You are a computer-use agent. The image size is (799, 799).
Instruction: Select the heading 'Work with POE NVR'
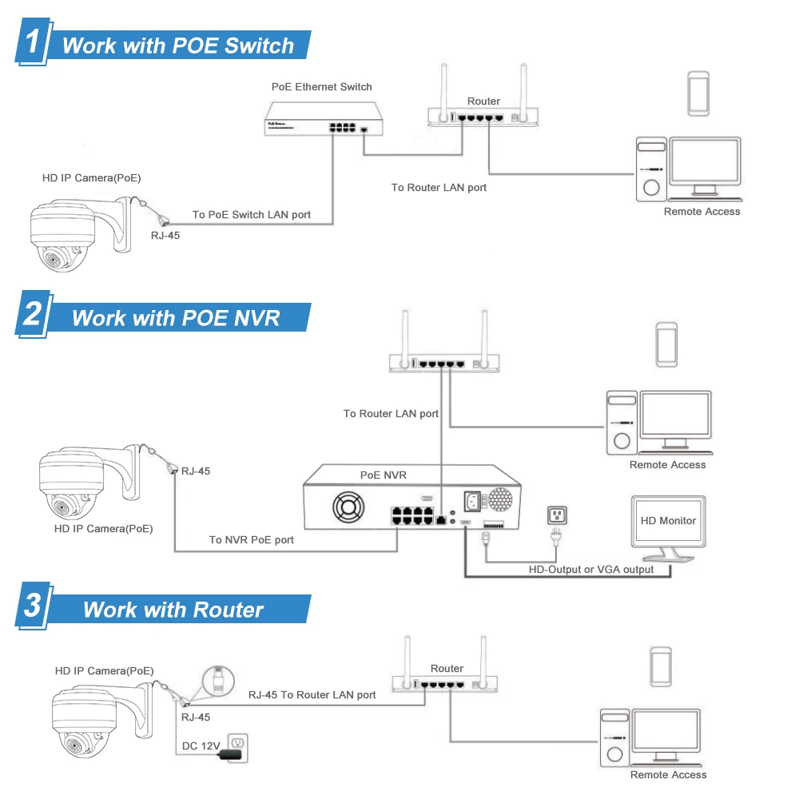pos(176,318)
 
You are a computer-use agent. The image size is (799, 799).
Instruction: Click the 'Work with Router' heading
pos(173,610)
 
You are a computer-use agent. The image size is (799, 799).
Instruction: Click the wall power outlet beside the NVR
pos(556,516)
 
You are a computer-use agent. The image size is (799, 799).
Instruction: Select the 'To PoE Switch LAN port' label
pos(252,215)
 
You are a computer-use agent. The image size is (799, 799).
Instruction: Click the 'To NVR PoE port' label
pos(252,540)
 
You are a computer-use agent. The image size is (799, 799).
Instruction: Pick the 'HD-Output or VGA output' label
pos(591,570)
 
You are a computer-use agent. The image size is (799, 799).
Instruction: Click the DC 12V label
pos(200,745)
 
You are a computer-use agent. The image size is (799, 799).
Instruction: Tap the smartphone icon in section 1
pos(699,93)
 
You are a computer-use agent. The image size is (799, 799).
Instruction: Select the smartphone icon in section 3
pos(661,666)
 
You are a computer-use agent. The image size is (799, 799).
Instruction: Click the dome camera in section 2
pos(80,483)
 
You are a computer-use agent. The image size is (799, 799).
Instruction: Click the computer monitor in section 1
pos(705,164)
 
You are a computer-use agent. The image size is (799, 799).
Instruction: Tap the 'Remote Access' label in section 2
pos(667,465)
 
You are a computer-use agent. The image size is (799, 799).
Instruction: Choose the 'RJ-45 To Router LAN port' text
pos(312,695)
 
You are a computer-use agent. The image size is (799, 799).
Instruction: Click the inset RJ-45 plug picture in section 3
pos(217,680)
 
